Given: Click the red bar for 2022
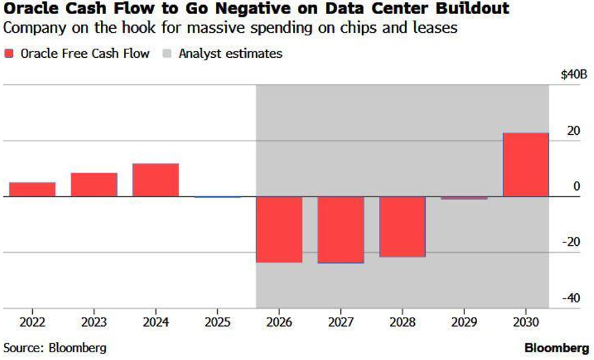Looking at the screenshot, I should (32, 189).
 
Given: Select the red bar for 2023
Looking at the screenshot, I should (94, 185).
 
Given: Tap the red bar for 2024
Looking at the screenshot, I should (155, 180).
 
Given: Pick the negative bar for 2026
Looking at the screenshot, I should (279, 229).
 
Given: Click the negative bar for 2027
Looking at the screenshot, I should (341, 230).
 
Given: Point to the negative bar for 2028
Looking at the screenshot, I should (403, 227).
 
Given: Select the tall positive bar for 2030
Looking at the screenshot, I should (526, 165).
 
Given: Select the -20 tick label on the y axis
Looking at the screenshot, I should (570, 242).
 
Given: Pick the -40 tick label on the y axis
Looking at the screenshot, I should (570, 298).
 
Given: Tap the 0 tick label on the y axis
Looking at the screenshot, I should (577, 186).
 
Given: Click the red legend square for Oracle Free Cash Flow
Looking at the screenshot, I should (9, 54).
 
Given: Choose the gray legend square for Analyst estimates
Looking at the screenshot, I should (166, 54).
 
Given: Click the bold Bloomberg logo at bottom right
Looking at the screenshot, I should (557, 348).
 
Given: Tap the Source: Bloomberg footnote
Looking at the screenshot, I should (55, 348).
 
